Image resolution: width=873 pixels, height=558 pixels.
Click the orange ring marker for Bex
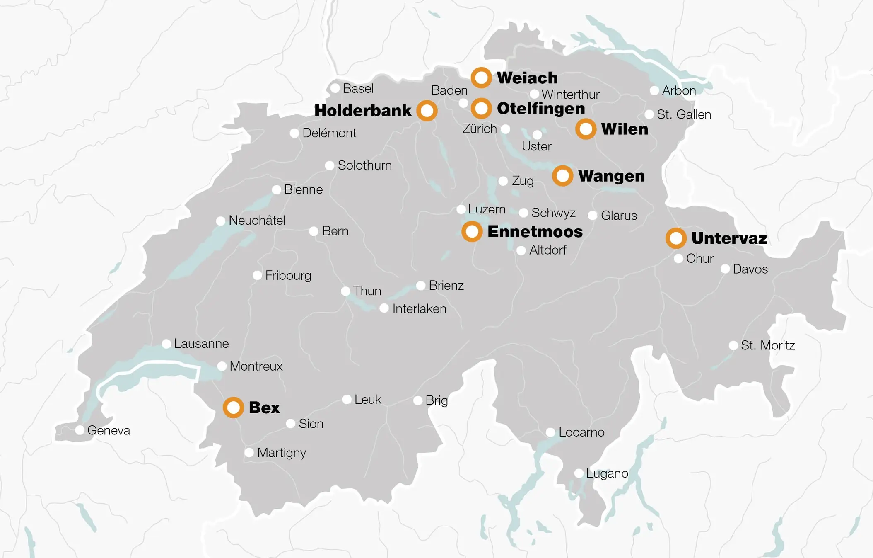click(x=233, y=408)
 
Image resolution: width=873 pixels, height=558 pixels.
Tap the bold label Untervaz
click(x=729, y=238)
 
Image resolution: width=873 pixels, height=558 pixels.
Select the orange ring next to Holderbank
click(x=427, y=111)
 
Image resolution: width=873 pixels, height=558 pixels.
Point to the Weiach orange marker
click(x=481, y=78)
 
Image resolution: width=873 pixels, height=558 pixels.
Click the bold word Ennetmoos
click(x=535, y=232)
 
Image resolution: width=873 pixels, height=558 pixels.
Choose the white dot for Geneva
click(x=80, y=430)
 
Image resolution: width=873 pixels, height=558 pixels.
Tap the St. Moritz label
click(x=767, y=345)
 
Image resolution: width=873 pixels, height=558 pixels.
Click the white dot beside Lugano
click(x=579, y=473)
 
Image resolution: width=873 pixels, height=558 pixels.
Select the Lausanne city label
click(x=201, y=344)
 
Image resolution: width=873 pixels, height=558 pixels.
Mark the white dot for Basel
click(x=335, y=88)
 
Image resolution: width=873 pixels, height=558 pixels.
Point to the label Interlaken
click(x=419, y=309)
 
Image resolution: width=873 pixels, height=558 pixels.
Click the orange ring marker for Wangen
click(x=562, y=176)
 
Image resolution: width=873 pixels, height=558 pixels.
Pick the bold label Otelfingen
click(x=540, y=109)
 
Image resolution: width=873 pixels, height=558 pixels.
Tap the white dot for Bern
click(x=314, y=231)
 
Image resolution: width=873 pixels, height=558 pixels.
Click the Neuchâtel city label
click(x=256, y=221)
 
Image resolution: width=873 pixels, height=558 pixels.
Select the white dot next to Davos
click(x=725, y=269)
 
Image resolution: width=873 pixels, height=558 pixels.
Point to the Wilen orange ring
click(x=586, y=129)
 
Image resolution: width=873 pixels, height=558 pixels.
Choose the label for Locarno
click(x=581, y=432)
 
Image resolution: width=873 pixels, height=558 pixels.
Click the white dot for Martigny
click(x=249, y=452)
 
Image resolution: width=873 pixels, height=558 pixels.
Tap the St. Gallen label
click(x=683, y=114)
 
